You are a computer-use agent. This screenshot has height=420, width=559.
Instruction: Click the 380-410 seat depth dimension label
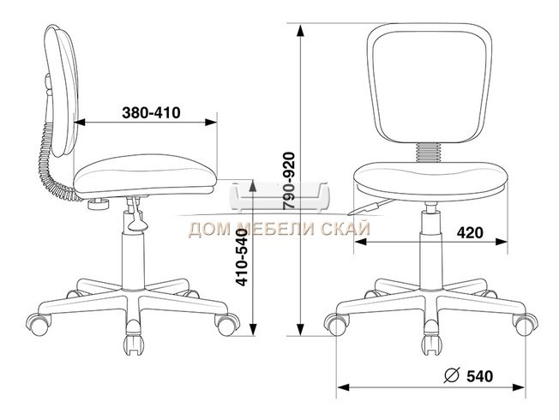pyautogui.click(x=151, y=112)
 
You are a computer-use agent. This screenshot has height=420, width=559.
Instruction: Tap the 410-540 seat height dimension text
pyautogui.click(x=243, y=257)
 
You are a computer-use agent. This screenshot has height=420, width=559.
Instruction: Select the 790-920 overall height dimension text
pyautogui.click(x=289, y=181)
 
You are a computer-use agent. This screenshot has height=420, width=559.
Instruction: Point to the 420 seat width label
pyautogui.click(x=470, y=233)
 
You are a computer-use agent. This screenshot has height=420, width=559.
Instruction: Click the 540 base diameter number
pyautogui.click(x=480, y=376)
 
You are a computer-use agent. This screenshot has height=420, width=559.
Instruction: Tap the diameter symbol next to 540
pyautogui.click(x=452, y=375)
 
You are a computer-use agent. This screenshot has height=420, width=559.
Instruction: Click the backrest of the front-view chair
pyautogui.click(x=430, y=83)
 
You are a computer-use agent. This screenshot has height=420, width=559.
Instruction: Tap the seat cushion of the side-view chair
pyautogui.click(x=145, y=176)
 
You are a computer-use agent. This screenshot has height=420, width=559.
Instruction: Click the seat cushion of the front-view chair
pyautogui.click(x=430, y=181)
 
